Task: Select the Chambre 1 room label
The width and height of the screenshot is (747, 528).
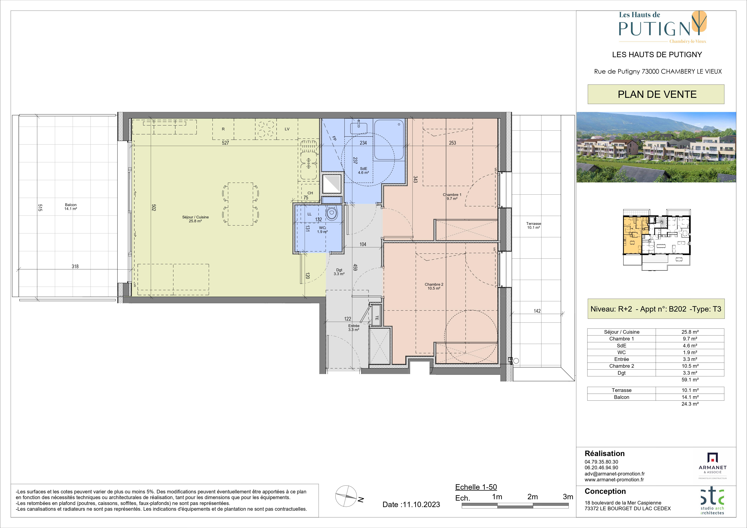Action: (x=452, y=197)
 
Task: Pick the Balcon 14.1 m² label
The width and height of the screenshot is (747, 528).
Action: (x=71, y=207)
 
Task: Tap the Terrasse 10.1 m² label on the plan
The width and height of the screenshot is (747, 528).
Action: (x=534, y=225)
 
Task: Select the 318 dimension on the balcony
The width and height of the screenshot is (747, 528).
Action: (x=75, y=266)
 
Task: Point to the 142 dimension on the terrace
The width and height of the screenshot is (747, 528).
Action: (x=537, y=311)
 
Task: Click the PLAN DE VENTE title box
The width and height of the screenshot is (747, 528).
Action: (x=656, y=94)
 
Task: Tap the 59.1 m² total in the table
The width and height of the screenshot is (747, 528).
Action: (x=690, y=380)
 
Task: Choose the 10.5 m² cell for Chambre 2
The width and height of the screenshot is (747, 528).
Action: (x=690, y=366)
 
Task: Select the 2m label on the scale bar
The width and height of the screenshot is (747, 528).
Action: (x=533, y=497)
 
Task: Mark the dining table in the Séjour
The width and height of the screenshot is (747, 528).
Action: (x=240, y=204)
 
